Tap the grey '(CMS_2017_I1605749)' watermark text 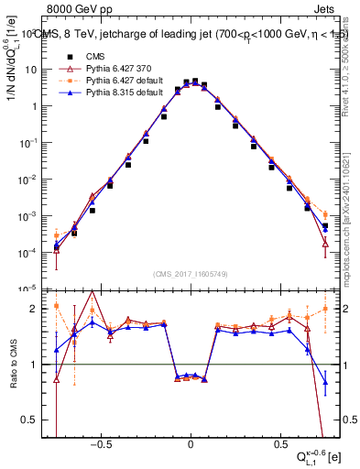(x=191, y=274)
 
